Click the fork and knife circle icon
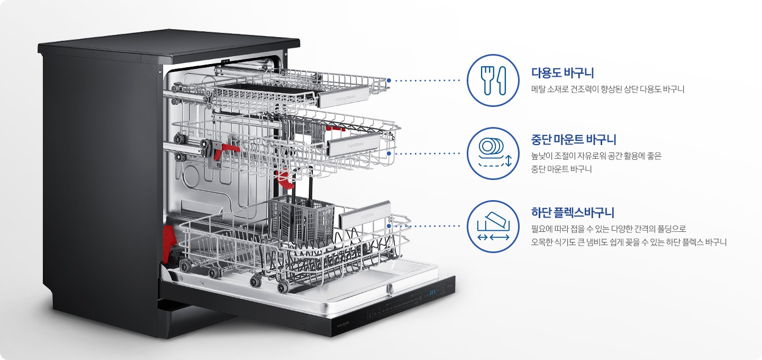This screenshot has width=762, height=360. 493,80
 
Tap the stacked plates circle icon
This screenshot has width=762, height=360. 493,154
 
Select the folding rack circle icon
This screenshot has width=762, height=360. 493,227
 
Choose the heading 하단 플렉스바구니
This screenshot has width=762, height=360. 573,213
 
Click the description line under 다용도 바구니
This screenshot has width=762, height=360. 607,89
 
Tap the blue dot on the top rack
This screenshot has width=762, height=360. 389,81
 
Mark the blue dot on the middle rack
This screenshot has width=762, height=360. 389,154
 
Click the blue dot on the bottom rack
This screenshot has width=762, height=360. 389,226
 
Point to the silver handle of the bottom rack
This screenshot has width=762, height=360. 365,214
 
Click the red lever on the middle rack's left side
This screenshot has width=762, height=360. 225,148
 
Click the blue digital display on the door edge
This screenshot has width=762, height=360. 432,293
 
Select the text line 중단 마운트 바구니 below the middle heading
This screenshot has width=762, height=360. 561,169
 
